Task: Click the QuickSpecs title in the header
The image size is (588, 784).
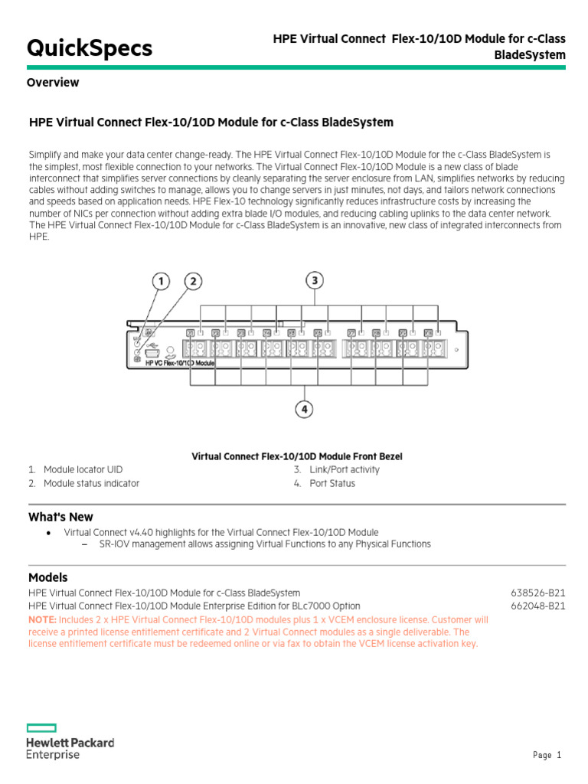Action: coord(90,48)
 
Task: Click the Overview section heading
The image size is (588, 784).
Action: coord(53,83)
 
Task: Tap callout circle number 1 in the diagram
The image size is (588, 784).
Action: coord(161,283)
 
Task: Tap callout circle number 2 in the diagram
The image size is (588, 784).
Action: coord(193,283)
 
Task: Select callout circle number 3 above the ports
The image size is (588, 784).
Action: coord(315,280)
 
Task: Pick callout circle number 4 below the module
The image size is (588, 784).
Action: coord(305,410)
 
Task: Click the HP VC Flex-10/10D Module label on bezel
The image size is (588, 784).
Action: coord(180,364)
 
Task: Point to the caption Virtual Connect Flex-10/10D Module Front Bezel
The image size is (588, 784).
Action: coord(296,456)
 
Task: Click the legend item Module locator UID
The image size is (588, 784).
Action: coord(83,469)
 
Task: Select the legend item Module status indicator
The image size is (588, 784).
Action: coord(91,483)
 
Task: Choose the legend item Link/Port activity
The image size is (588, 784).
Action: coord(344,469)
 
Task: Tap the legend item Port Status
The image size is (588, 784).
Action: coord(332,483)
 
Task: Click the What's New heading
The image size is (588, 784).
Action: coord(60,517)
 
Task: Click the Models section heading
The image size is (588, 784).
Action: coord(48,577)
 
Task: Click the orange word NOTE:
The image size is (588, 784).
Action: coord(41,619)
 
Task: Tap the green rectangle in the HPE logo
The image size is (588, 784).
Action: coord(41,727)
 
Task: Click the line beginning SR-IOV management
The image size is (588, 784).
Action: coord(265,544)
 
